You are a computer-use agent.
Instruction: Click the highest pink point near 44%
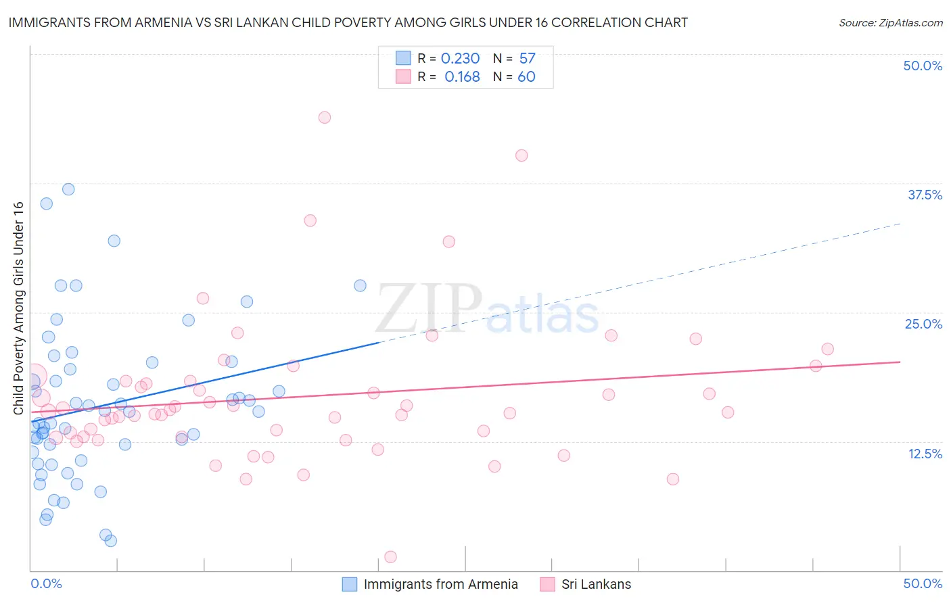click(x=324, y=117)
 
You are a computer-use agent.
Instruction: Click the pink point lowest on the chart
click(x=390, y=557)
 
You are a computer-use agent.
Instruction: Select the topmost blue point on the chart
click(x=68, y=189)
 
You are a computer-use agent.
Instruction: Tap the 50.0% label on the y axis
click(x=923, y=66)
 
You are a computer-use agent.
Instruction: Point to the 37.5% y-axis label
click(x=925, y=195)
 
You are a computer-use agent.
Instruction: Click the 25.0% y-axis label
click(x=923, y=324)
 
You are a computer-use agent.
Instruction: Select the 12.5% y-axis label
click(x=925, y=454)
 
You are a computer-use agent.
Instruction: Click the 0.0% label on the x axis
click(x=46, y=583)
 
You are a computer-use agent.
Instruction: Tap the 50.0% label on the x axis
click(x=923, y=583)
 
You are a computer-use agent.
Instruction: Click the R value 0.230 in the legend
click(x=460, y=59)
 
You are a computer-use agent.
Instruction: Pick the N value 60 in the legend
click(x=526, y=77)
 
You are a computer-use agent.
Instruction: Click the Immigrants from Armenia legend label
click(x=440, y=584)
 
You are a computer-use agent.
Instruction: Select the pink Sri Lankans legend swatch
click(x=547, y=584)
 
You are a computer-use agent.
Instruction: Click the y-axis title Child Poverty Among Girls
click(x=18, y=308)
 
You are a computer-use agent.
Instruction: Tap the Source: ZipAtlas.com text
click(x=890, y=23)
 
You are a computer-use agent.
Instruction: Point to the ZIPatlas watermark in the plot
click(x=487, y=310)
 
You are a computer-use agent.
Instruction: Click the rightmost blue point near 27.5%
click(x=360, y=286)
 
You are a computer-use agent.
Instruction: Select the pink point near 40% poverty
click(x=521, y=155)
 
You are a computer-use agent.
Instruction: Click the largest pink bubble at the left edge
click(x=34, y=377)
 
